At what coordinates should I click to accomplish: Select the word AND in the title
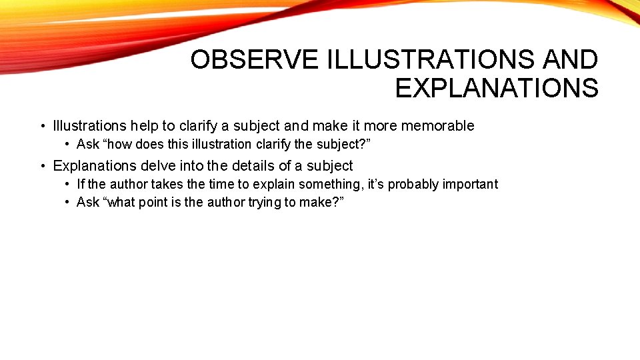click(571, 60)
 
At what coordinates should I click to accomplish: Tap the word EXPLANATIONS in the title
click(497, 88)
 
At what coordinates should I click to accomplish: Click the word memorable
click(437, 125)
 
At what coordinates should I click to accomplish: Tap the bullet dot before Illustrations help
click(42, 126)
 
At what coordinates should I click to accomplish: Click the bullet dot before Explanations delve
click(42, 165)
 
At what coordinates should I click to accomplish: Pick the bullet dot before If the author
click(68, 184)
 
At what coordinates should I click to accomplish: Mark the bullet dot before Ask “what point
click(68, 202)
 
